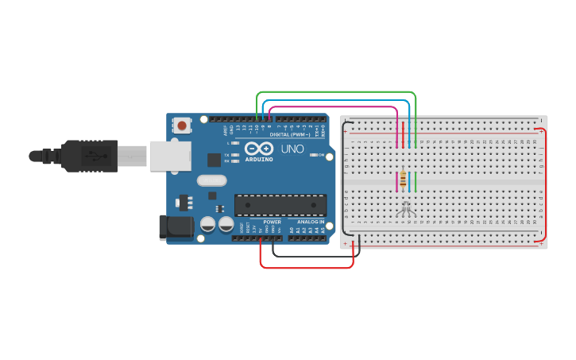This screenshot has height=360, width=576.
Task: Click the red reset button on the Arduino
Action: point(183,125)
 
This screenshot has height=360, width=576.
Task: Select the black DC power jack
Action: point(175,227)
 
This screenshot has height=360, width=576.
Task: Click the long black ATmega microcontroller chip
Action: point(280,205)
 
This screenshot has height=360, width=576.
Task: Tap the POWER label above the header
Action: point(272,222)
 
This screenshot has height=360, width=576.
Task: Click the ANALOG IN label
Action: point(311,222)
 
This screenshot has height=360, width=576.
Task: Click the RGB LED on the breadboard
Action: point(405,208)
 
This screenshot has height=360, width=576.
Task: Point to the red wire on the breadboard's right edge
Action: point(545,183)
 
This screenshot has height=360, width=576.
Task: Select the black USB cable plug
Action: point(87,156)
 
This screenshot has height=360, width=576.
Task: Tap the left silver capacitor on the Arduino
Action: point(208,224)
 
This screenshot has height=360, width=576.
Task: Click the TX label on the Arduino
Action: point(226,155)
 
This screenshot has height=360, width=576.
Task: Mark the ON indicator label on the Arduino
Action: point(322,155)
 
